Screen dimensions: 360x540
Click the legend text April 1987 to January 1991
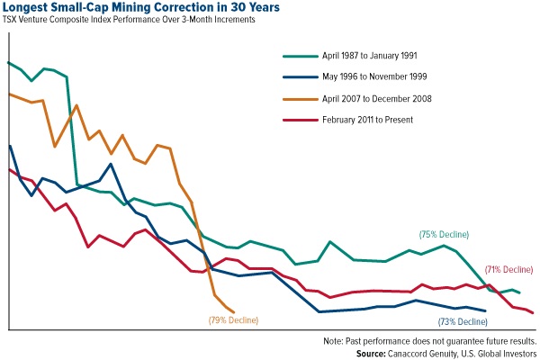[373, 55]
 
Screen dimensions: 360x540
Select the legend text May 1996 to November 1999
[376, 76]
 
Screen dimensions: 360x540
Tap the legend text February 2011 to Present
[367, 120]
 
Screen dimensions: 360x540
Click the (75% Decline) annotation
[444, 234]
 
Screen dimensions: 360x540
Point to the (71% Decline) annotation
[508, 269]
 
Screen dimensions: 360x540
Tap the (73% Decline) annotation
[463, 320]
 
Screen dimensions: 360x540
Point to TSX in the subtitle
[12, 20]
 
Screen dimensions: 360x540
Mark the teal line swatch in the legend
[299, 55]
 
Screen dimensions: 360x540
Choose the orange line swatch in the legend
[299, 98]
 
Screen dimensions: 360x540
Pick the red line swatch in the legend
[299, 120]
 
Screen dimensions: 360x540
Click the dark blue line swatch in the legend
[299, 76]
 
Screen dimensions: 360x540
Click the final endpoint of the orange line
[234, 312]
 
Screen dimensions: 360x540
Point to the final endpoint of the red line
[533, 313]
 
